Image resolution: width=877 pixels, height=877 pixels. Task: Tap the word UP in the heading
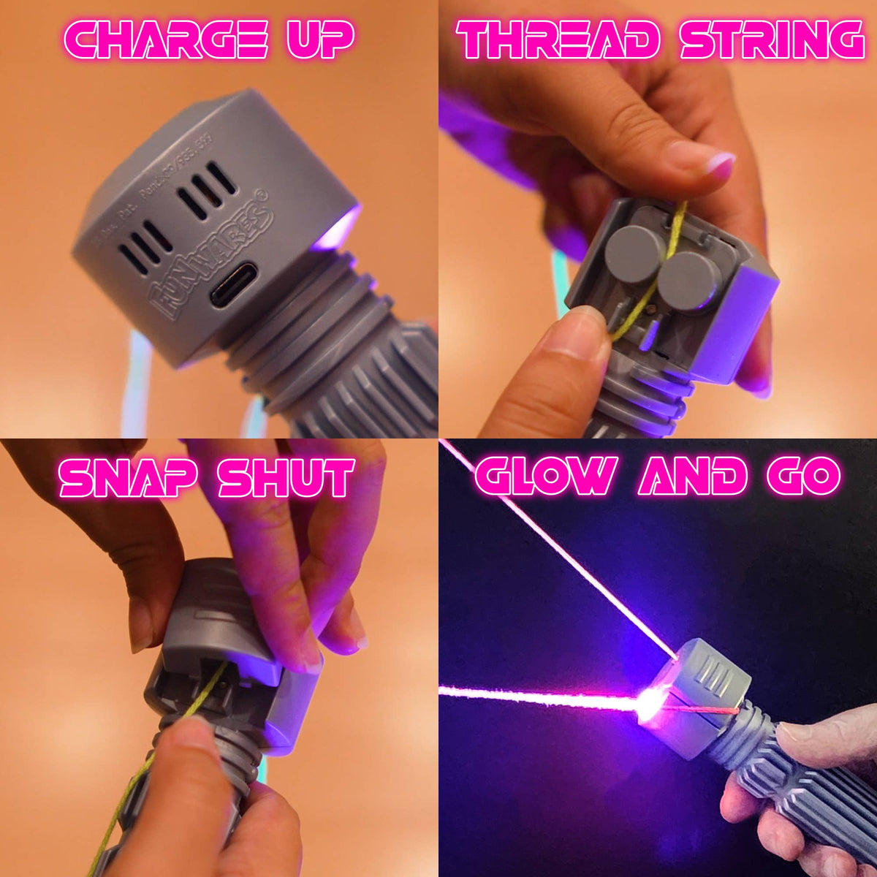pos(320,39)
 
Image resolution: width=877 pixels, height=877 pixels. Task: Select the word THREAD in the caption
pos(558,39)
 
